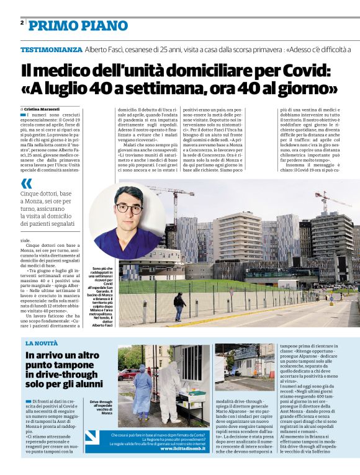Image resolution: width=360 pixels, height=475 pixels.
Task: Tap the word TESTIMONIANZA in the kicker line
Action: pos(51,49)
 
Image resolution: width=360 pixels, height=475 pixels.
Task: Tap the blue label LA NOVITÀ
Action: pos(42,342)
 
